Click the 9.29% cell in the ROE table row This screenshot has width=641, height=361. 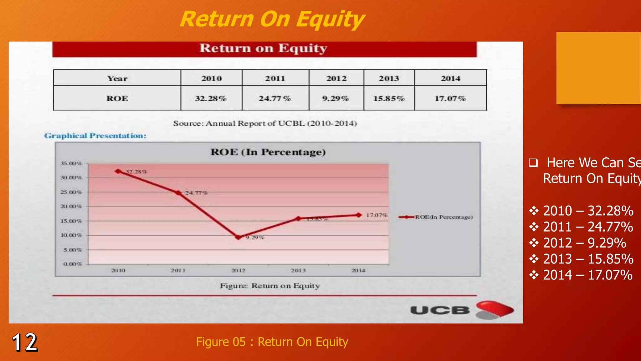pyautogui.click(x=336, y=98)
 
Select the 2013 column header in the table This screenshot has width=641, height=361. pyautogui.click(x=389, y=78)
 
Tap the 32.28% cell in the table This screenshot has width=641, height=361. pyautogui.click(x=211, y=98)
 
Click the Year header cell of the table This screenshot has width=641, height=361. pyautogui.click(x=117, y=78)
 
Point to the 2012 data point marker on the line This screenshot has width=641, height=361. pyautogui.click(x=238, y=237)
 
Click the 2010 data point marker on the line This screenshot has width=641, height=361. pyautogui.click(x=118, y=171)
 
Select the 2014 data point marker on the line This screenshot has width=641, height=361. pyautogui.click(x=359, y=215)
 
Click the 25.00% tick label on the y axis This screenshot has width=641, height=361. pyautogui.click(x=71, y=192)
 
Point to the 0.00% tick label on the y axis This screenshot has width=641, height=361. pyautogui.click(x=72, y=264)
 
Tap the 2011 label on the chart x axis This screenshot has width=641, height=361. pyautogui.click(x=178, y=270)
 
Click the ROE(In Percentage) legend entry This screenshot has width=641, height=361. pyautogui.click(x=436, y=217)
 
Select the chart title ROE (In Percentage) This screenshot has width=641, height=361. pyautogui.click(x=268, y=152)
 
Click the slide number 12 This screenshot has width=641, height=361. pyautogui.click(x=25, y=342)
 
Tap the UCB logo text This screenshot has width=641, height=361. pyautogui.click(x=440, y=310)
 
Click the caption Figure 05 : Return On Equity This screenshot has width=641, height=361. pyautogui.click(x=272, y=342)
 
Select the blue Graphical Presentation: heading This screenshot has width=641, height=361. pyautogui.click(x=95, y=136)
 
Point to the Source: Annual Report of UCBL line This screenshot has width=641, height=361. pyautogui.click(x=265, y=123)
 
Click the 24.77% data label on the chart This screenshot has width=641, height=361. pyautogui.click(x=196, y=193)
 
